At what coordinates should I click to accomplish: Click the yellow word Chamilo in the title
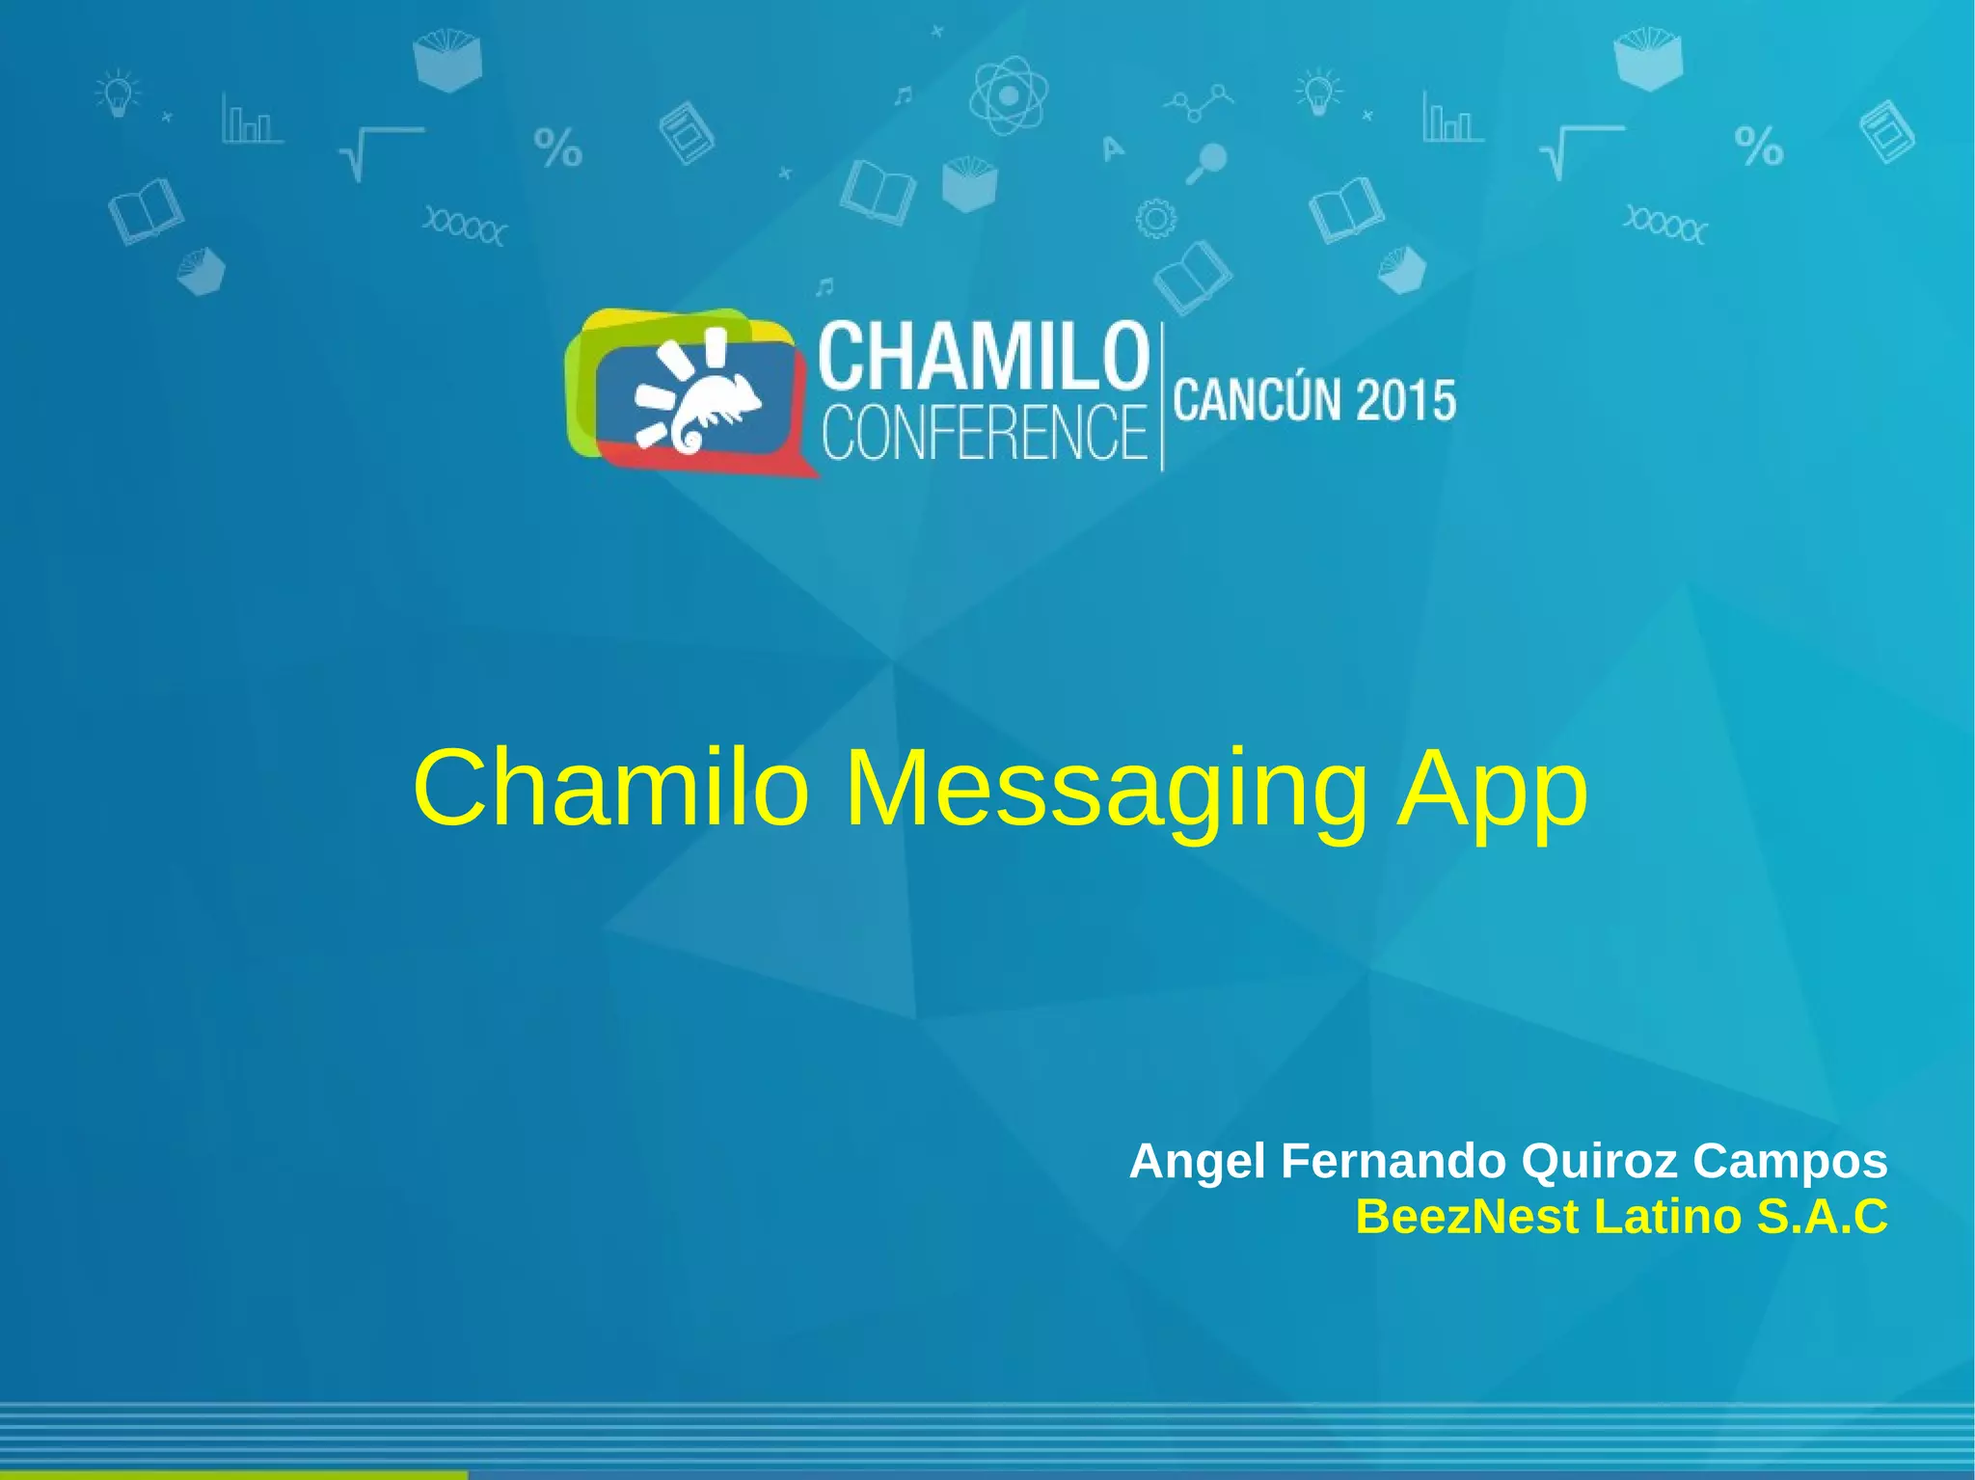tap(609, 789)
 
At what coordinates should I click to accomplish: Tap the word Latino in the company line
tap(1669, 1217)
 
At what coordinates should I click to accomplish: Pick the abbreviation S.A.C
tap(1823, 1217)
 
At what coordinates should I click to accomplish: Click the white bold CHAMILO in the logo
tap(985, 356)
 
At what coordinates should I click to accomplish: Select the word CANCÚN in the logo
tap(1258, 400)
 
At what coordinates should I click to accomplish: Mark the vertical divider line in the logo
tap(1162, 396)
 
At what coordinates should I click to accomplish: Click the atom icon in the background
tap(1008, 95)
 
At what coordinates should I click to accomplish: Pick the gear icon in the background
tap(1155, 219)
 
